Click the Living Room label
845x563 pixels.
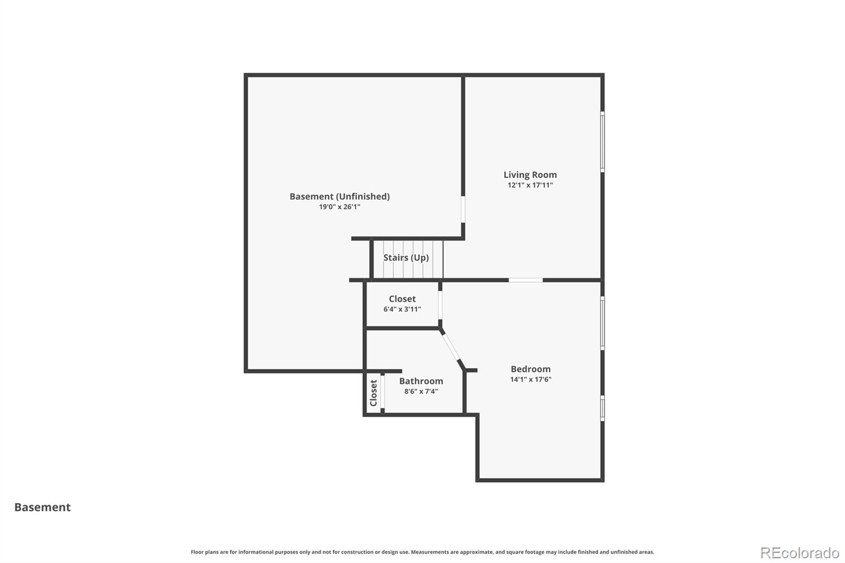(530, 175)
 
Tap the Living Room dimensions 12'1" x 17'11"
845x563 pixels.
(530, 185)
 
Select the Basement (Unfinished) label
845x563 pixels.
(340, 196)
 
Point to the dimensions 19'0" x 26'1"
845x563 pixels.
(340, 207)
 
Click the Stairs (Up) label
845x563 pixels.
(406, 258)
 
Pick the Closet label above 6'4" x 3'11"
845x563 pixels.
(402, 299)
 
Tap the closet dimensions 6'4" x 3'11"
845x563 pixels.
(402, 309)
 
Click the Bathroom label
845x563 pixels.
(421, 381)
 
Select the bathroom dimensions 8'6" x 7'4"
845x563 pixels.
(421, 392)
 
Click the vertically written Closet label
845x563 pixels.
(373, 393)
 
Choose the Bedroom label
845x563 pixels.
(530, 369)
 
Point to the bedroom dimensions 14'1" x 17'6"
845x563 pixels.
(530, 380)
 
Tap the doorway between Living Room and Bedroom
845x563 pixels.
(525, 280)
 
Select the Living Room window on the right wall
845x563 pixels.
(603, 142)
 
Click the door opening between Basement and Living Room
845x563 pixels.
(463, 209)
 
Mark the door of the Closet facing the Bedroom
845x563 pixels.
(440, 304)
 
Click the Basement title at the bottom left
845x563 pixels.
(42, 508)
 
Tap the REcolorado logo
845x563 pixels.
(800, 553)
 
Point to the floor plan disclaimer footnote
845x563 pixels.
(422, 552)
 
